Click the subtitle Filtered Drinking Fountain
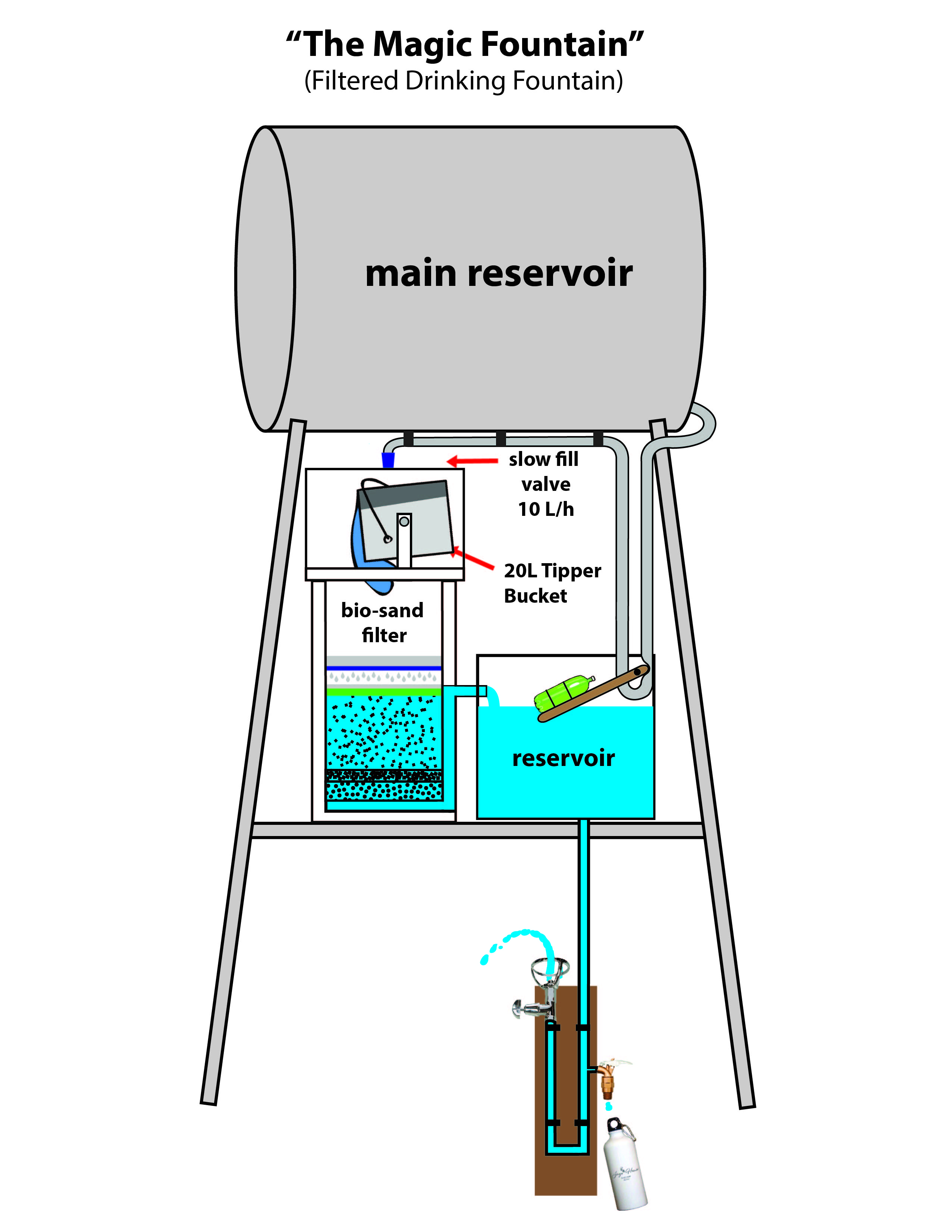(x=463, y=81)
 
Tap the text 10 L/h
(x=545, y=509)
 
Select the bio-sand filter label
(x=383, y=622)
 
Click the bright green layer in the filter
(x=383, y=691)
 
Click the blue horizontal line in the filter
(x=383, y=668)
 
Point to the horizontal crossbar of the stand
(x=476, y=830)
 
